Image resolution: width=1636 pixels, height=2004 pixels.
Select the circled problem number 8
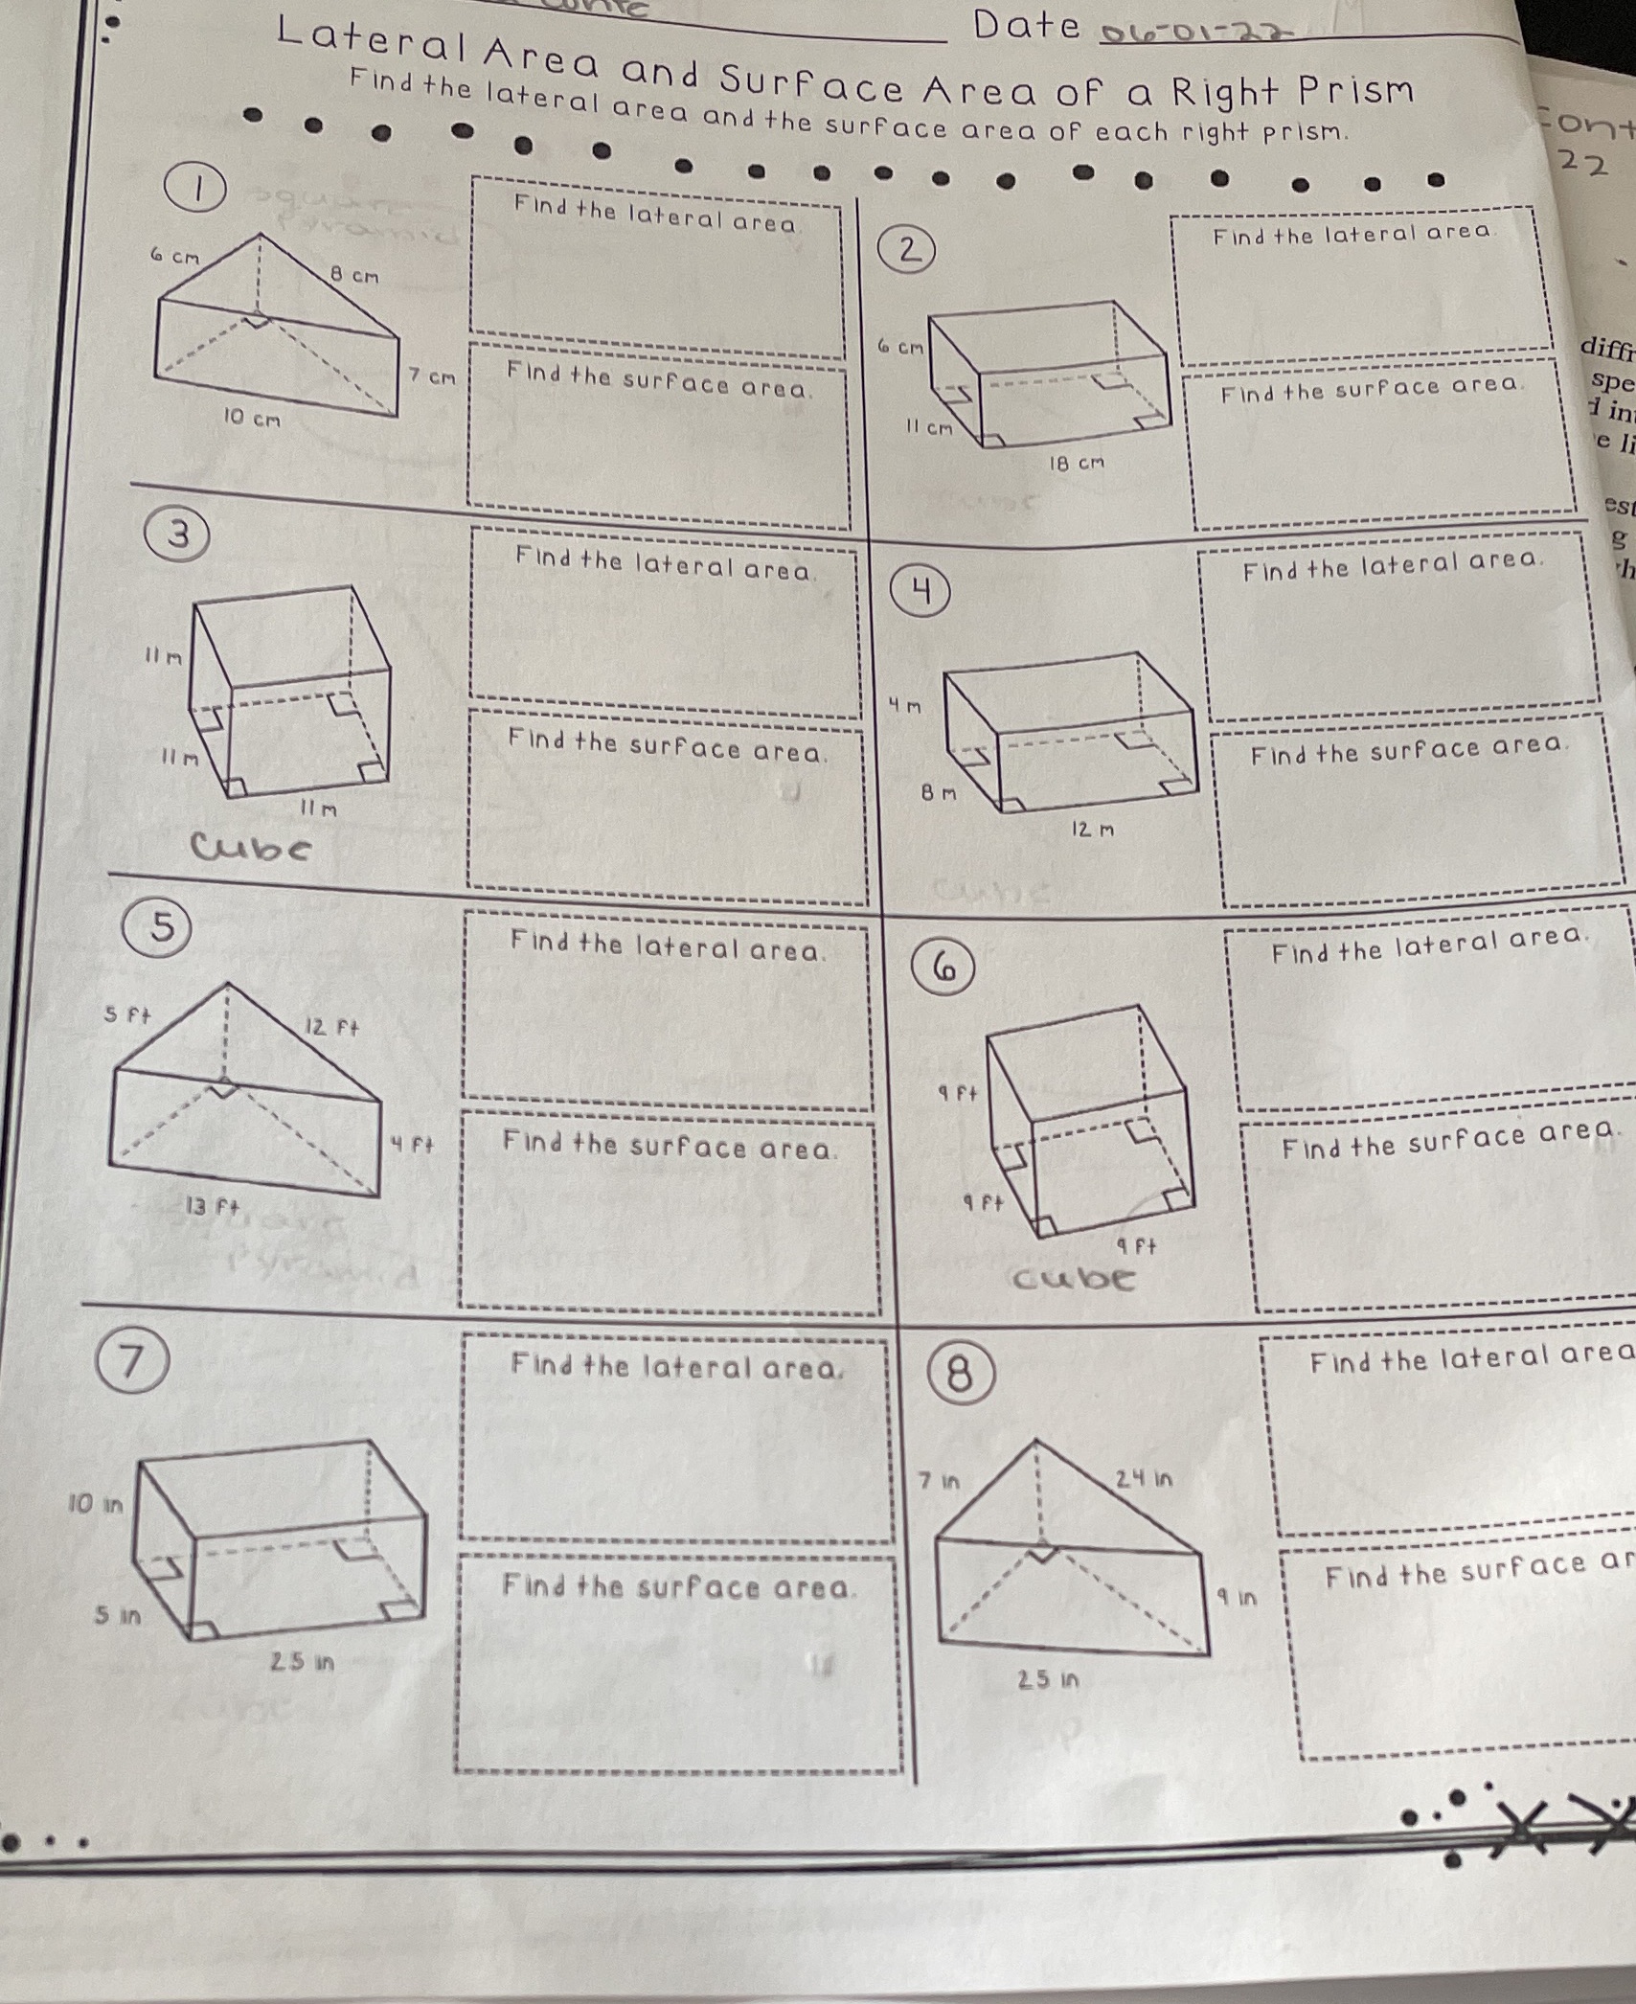(959, 1375)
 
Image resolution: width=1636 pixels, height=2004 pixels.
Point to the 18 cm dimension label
(1077, 464)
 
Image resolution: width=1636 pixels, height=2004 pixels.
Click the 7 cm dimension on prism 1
(432, 377)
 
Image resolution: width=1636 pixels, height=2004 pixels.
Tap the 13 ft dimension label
(212, 1207)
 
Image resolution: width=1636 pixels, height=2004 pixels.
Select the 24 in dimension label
(1144, 1479)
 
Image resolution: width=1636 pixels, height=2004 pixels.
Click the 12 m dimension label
(1092, 831)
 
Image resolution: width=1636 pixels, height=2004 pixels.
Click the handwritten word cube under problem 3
(252, 848)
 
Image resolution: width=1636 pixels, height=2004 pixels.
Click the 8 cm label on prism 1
(354, 276)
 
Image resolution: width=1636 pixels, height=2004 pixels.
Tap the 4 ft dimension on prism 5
(413, 1144)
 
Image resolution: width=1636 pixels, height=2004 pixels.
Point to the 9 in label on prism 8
(1237, 1598)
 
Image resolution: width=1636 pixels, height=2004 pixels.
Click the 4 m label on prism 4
(904, 707)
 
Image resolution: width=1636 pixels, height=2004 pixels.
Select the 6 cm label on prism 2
(899, 347)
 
